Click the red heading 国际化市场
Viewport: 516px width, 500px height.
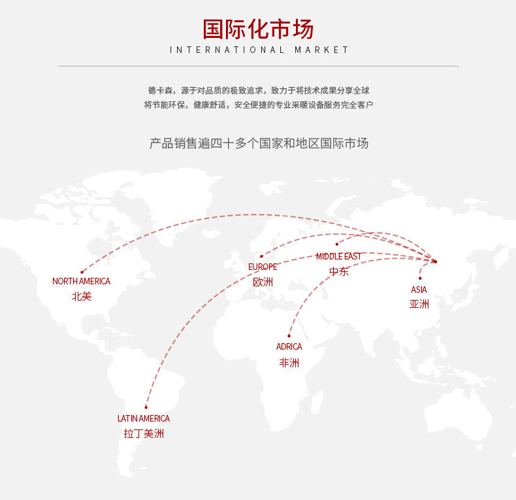(x=258, y=29)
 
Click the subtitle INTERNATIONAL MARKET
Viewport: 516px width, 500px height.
(x=259, y=50)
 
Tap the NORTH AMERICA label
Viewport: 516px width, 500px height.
(x=82, y=281)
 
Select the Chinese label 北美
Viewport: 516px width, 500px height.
(x=82, y=296)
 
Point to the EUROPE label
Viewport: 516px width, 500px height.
(x=263, y=267)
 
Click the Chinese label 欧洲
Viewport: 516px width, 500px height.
(x=263, y=282)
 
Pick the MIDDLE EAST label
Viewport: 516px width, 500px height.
(x=338, y=256)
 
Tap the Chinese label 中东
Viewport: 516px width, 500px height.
(x=338, y=271)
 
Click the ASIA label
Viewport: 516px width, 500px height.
(x=419, y=289)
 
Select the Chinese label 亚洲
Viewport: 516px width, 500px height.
(x=419, y=304)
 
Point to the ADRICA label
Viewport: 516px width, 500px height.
(x=289, y=346)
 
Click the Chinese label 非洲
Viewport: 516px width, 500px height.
(x=289, y=362)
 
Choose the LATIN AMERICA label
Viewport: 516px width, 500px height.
(x=144, y=418)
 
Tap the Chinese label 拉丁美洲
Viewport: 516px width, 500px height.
(x=144, y=433)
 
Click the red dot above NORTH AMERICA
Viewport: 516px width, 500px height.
(x=82, y=272)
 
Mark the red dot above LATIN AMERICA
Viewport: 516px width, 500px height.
(x=146, y=408)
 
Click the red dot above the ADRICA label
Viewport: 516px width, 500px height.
(x=289, y=336)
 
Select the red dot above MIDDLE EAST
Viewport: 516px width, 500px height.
(x=337, y=244)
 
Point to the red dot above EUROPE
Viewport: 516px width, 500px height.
(x=261, y=257)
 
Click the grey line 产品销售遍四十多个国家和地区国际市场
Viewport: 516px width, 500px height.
(x=259, y=143)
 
